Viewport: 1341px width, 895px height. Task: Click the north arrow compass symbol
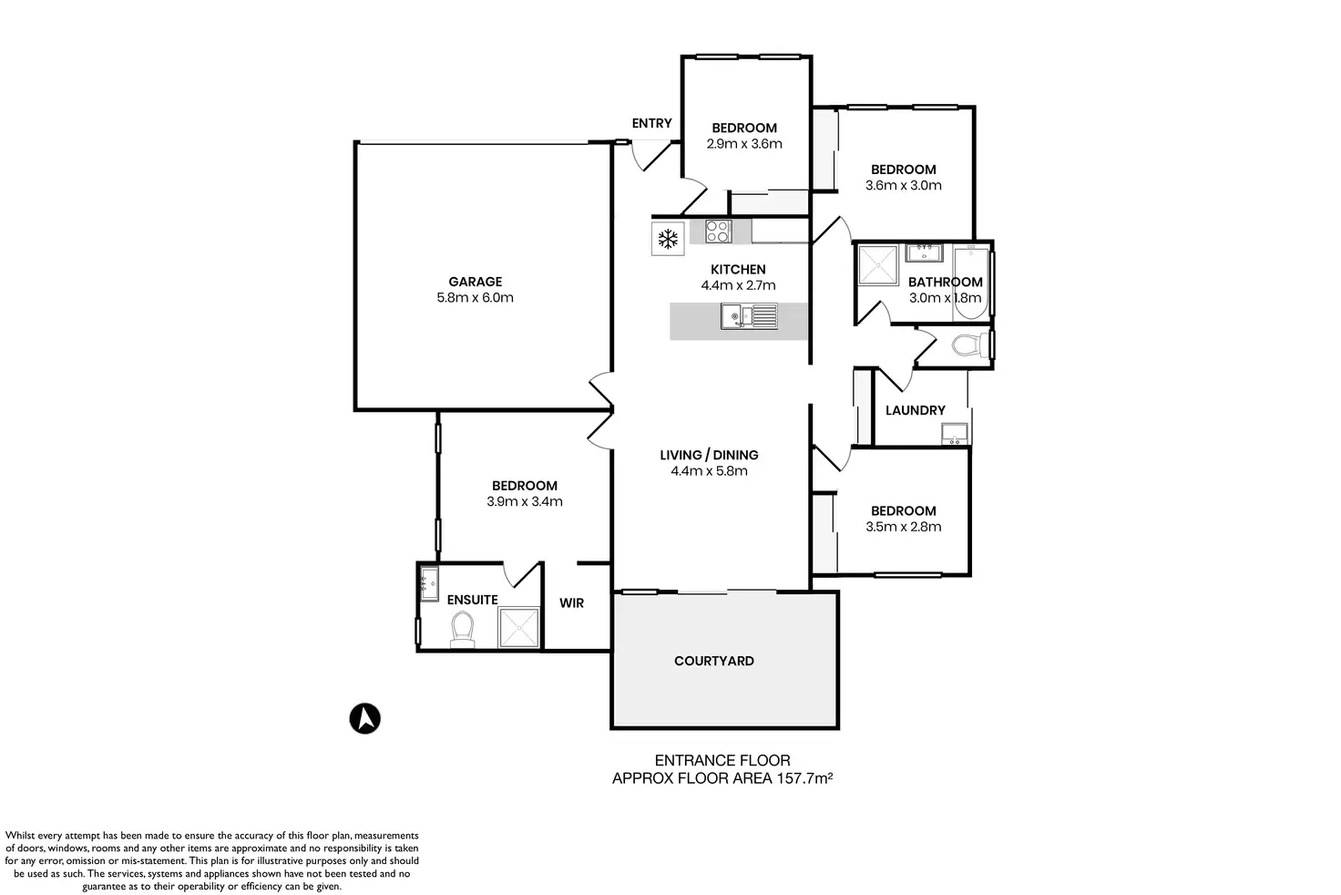coord(365,718)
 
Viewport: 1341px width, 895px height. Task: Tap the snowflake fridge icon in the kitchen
coord(669,240)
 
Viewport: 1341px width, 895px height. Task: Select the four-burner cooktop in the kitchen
coord(718,231)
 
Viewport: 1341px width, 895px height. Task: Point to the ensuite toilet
coord(463,629)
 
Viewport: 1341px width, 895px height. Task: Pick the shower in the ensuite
coord(519,627)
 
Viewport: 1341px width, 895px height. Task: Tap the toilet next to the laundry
coord(964,345)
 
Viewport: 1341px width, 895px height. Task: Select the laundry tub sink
coord(955,433)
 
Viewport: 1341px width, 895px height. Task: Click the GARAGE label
coord(475,282)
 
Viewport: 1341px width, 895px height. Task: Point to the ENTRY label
coord(651,123)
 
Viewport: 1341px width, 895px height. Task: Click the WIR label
coord(571,603)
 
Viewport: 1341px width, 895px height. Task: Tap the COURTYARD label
coord(713,661)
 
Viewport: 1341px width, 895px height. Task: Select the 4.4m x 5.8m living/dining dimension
coord(709,471)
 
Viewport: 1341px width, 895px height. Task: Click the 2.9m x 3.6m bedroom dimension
coord(744,143)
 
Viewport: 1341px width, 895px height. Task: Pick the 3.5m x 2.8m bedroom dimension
coord(903,527)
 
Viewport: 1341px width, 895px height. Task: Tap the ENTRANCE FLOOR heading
coord(722,760)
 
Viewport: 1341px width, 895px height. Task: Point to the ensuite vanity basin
coord(428,581)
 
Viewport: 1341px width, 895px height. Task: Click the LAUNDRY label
coord(915,410)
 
